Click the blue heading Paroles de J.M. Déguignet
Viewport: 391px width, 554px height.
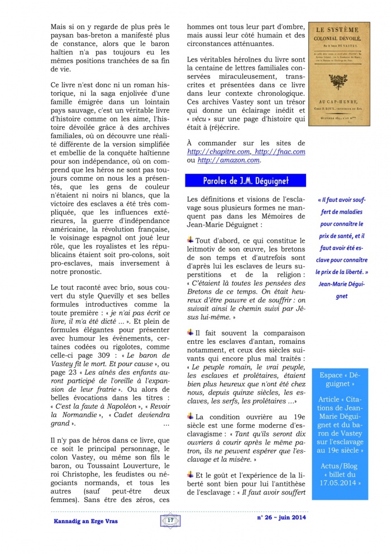click(x=245, y=181)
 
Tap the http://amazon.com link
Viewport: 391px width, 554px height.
click(x=229, y=160)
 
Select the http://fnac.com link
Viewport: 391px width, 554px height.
click(x=280, y=151)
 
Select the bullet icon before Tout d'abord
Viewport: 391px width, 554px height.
click(x=190, y=240)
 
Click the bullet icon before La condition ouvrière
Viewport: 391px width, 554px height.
click(x=190, y=415)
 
